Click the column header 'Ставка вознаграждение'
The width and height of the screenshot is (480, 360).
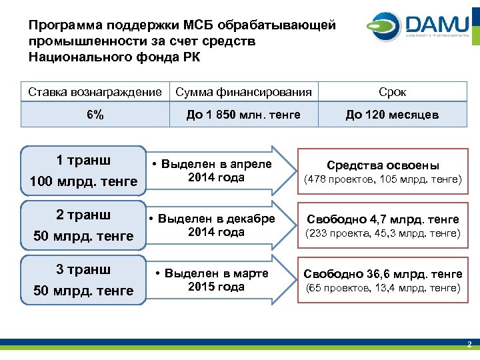(x=95, y=92)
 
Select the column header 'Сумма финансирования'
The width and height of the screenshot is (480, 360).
(x=243, y=92)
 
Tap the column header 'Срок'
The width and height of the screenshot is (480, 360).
(x=392, y=92)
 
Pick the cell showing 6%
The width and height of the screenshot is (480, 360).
(x=95, y=115)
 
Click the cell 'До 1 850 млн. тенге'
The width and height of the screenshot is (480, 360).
(x=243, y=115)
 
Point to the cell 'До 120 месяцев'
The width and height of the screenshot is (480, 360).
(x=392, y=115)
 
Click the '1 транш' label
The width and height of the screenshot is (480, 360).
(x=83, y=160)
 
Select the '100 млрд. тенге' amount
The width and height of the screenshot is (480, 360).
(x=83, y=181)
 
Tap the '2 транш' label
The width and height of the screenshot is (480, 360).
(x=83, y=215)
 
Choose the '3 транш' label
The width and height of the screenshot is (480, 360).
(x=83, y=269)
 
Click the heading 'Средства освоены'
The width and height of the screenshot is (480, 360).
(x=383, y=165)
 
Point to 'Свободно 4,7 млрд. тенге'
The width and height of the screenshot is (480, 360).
(x=383, y=219)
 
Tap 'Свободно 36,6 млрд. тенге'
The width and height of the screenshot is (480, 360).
(x=383, y=274)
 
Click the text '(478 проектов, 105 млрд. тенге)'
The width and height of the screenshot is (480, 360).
(x=383, y=179)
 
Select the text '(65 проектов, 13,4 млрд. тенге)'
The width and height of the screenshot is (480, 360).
(x=383, y=287)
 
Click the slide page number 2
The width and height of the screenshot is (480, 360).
(x=469, y=345)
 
